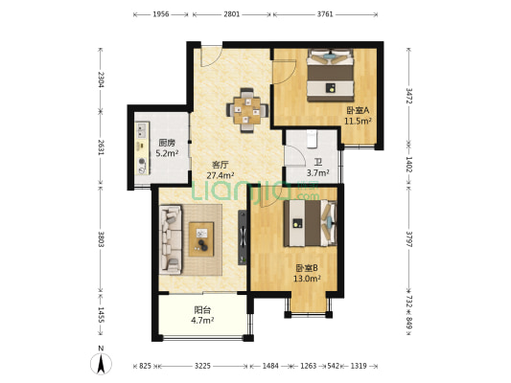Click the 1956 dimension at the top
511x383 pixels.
coord(161,14)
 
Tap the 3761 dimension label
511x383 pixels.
coord(325,14)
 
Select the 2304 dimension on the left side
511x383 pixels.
coord(101,79)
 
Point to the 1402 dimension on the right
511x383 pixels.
coord(408,165)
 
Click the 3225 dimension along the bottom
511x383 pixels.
coord(202,366)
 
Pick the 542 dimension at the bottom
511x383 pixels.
coord(333,366)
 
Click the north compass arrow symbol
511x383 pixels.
coord(101,363)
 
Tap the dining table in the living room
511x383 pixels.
coord(247,111)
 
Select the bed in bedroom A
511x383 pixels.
coord(331,76)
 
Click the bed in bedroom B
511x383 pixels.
coord(310,223)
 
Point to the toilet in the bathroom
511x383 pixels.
coord(312,139)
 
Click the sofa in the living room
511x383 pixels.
coord(171,239)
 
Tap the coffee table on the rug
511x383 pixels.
coord(201,239)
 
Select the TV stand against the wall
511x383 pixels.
coord(243,237)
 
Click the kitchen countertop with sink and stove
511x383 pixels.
coord(143,148)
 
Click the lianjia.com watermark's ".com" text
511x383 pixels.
coord(307,196)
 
